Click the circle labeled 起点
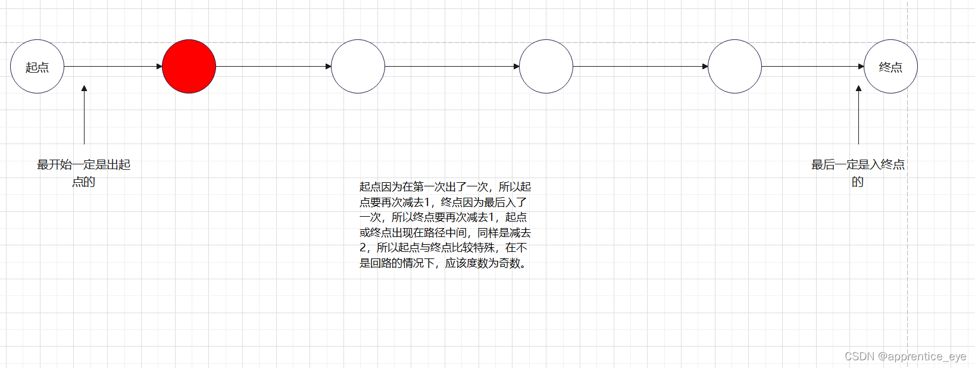[x=37, y=67]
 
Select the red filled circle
[x=189, y=67]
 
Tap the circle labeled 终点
[x=890, y=67]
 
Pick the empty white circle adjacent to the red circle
[x=358, y=67]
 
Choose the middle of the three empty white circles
[x=546, y=67]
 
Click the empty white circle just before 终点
[x=735, y=67]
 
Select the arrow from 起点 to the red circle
[x=113, y=67]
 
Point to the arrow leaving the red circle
[x=274, y=67]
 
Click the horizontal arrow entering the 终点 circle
[x=813, y=67]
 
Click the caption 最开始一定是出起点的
[x=84, y=173]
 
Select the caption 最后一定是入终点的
[x=858, y=173]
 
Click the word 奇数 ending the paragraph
[x=510, y=263]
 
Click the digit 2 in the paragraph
[x=363, y=248]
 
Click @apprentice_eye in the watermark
[x=922, y=356]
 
